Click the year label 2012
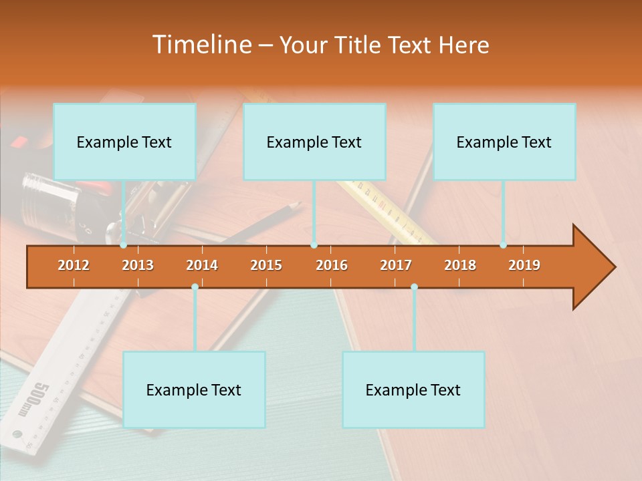click(74, 265)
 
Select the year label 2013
click(138, 265)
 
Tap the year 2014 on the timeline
click(202, 265)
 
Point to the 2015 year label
click(266, 265)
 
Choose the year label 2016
click(332, 265)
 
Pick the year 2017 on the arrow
click(396, 265)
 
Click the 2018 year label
click(460, 265)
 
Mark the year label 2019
click(524, 265)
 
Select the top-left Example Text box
click(124, 142)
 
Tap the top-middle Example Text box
click(314, 142)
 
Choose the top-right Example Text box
click(504, 142)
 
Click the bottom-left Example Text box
click(194, 389)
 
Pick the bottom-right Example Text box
click(413, 389)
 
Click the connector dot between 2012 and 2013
click(124, 245)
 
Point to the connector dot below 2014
click(195, 287)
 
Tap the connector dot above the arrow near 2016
click(314, 245)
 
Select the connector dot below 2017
click(414, 287)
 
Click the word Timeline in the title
click(201, 45)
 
